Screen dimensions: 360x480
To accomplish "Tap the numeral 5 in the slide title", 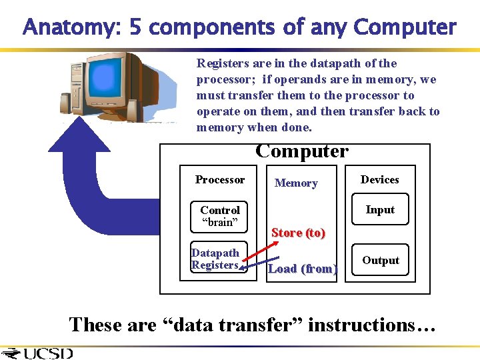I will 135,28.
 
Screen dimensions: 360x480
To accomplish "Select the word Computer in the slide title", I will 405,28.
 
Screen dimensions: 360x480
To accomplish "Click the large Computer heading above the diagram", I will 301,151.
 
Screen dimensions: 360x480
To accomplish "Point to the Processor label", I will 220,180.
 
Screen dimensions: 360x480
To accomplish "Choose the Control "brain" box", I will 219,216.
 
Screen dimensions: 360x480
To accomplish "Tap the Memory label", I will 296,183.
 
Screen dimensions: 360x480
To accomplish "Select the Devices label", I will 379,180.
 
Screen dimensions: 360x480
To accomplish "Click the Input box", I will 380,210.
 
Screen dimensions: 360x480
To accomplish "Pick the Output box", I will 380,261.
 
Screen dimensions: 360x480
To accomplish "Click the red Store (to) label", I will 298,233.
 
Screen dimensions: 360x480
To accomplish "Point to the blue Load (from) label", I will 303,269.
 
